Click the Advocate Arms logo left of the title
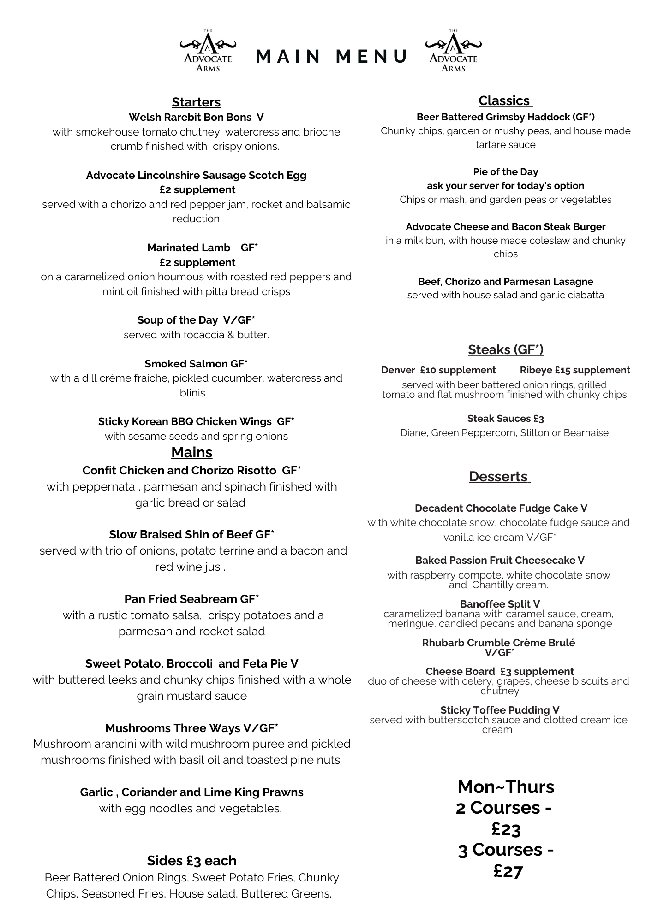(x=208, y=52)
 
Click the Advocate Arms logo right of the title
(x=453, y=52)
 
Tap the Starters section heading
(x=196, y=102)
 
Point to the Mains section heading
(x=191, y=452)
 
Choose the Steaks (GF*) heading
(x=505, y=349)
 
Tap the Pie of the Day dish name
(x=505, y=172)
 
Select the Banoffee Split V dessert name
(x=500, y=604)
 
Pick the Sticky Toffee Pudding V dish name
(x=500, y=710)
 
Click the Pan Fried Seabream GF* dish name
(x=191, y=599)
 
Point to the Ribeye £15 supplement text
(x=574, y=370)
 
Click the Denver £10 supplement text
(x=438, y=370)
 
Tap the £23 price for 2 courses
(x=506, y=829)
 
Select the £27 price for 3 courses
(x=508, y=871)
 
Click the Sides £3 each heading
(x=191, y=861)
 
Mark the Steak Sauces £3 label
(x=505, y=419)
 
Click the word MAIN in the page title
(x=288, y=56)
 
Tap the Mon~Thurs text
(x=506, y=787)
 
